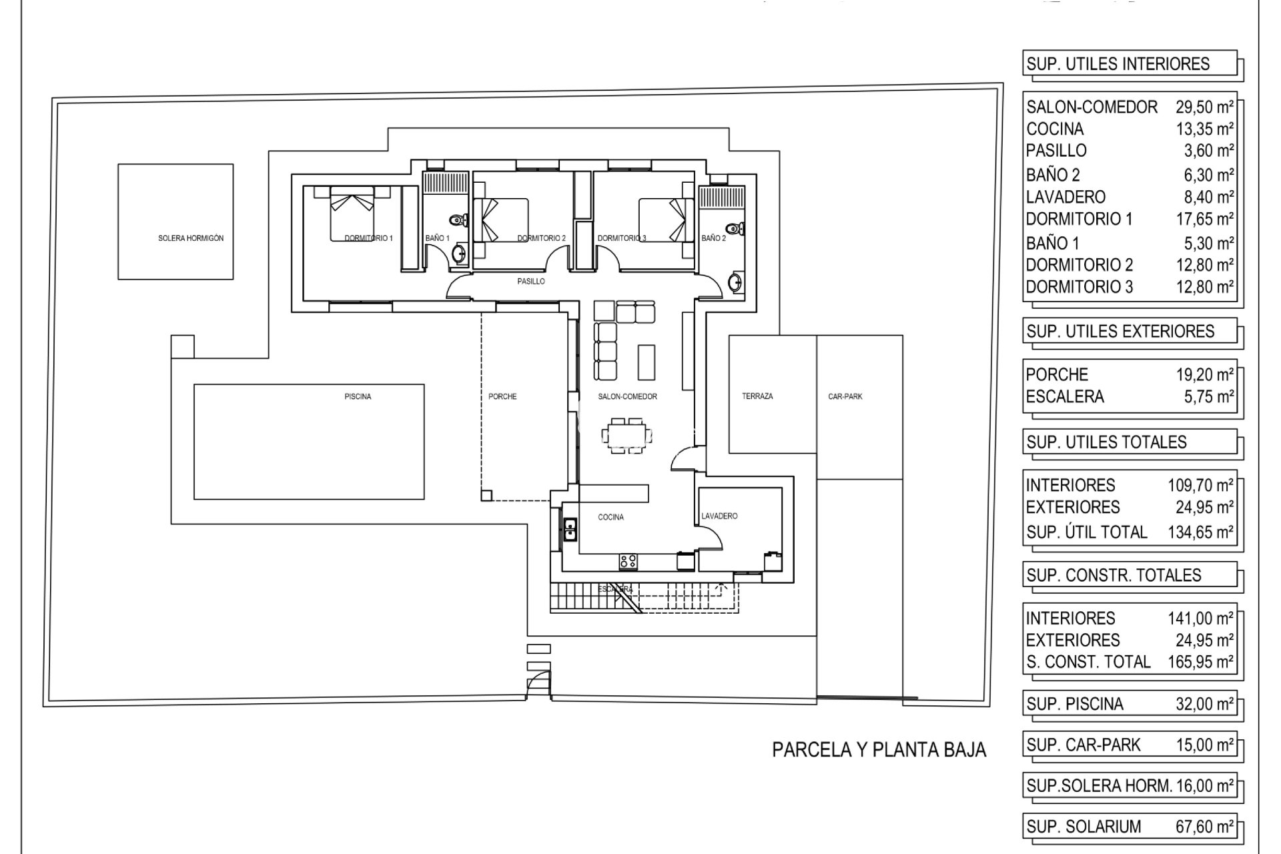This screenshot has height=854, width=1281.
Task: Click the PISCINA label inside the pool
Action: click(358, 396)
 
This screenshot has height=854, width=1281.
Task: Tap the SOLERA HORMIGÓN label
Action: click(191, 238)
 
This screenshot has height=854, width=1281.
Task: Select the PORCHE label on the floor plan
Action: click(502, 396)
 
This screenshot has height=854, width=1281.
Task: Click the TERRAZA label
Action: click(757, 396)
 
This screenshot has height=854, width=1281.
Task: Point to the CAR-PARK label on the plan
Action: click(845, 396)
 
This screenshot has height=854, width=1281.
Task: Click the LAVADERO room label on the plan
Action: click(719, 516)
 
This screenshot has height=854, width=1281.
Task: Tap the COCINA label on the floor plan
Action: click(611, 517)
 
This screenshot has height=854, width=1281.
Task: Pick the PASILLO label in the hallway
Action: click(531, 282)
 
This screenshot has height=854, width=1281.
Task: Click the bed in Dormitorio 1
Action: click(352, 213)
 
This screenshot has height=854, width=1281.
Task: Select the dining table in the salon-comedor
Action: click(626, 436)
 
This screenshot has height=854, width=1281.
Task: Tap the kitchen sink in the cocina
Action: click(570, 530)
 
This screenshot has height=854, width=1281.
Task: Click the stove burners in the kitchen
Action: click(628, 561)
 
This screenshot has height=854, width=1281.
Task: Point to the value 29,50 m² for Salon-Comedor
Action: click(1204, 107)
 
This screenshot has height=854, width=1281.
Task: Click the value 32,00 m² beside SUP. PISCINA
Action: click(1204, 704)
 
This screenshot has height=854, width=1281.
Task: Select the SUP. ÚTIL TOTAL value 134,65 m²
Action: click(1200, 532)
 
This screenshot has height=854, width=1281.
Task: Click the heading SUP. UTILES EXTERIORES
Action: click(1120, 332)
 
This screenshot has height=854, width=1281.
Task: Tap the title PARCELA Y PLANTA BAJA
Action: click(879, 750)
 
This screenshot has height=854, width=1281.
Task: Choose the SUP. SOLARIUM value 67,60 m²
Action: click(1204, 827)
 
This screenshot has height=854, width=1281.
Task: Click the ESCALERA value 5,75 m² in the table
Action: click(1208, 396)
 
